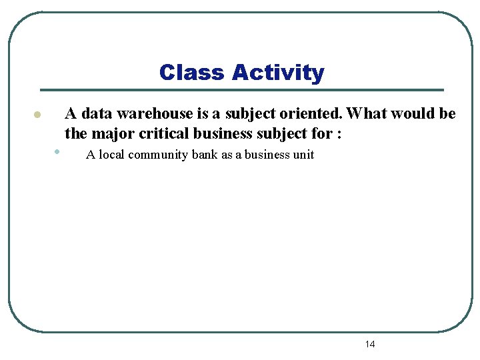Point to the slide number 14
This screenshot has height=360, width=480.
[370, 344]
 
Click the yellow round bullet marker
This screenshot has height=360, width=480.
[39, 115]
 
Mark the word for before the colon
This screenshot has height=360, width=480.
[323, 133]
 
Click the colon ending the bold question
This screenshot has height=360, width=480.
[340, 135]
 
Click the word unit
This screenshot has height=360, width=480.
[303, 155]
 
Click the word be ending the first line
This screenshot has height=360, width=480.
[447, 113]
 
